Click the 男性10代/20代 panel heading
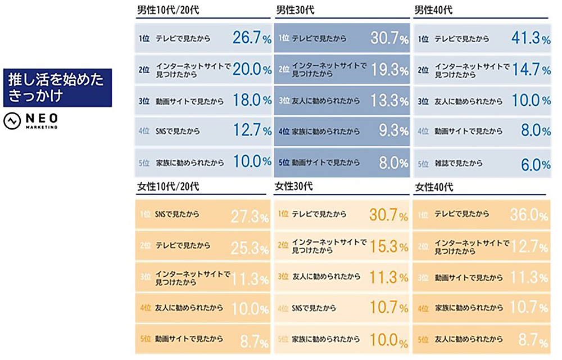click(164, 11)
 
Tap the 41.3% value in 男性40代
click(530, 38)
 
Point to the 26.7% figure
click(252, 38)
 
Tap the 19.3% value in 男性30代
click(389, 69)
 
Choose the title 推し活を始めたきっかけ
click(56, 88)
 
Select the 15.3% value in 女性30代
click(389, 246)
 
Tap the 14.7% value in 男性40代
click(530, 69)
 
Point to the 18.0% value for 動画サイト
click(252, 101)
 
